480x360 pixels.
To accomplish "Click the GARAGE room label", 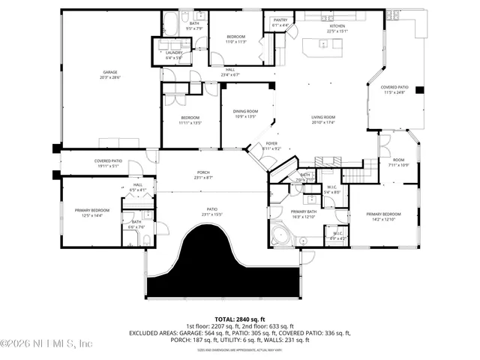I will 110,73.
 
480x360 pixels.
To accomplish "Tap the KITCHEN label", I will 337,26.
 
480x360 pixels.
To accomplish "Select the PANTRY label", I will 280,21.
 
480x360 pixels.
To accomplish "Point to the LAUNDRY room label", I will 174,52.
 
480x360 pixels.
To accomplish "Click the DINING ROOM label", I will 245,112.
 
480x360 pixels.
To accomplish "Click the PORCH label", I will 203,173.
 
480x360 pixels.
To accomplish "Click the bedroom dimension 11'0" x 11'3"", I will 236,42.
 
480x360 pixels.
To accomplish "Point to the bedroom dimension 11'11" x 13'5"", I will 190,123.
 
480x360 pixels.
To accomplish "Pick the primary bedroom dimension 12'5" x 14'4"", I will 91,215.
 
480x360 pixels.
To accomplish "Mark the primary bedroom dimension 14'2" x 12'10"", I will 380,220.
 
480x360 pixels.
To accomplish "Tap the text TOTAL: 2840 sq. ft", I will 240,319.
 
